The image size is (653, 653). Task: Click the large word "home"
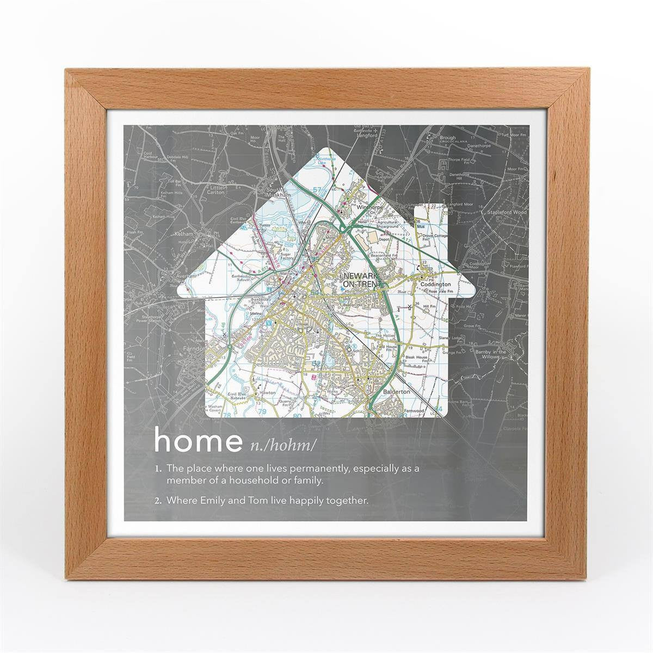[198, 442]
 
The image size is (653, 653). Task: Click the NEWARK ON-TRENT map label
[361, 280]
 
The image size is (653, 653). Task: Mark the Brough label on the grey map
[447, 138]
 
